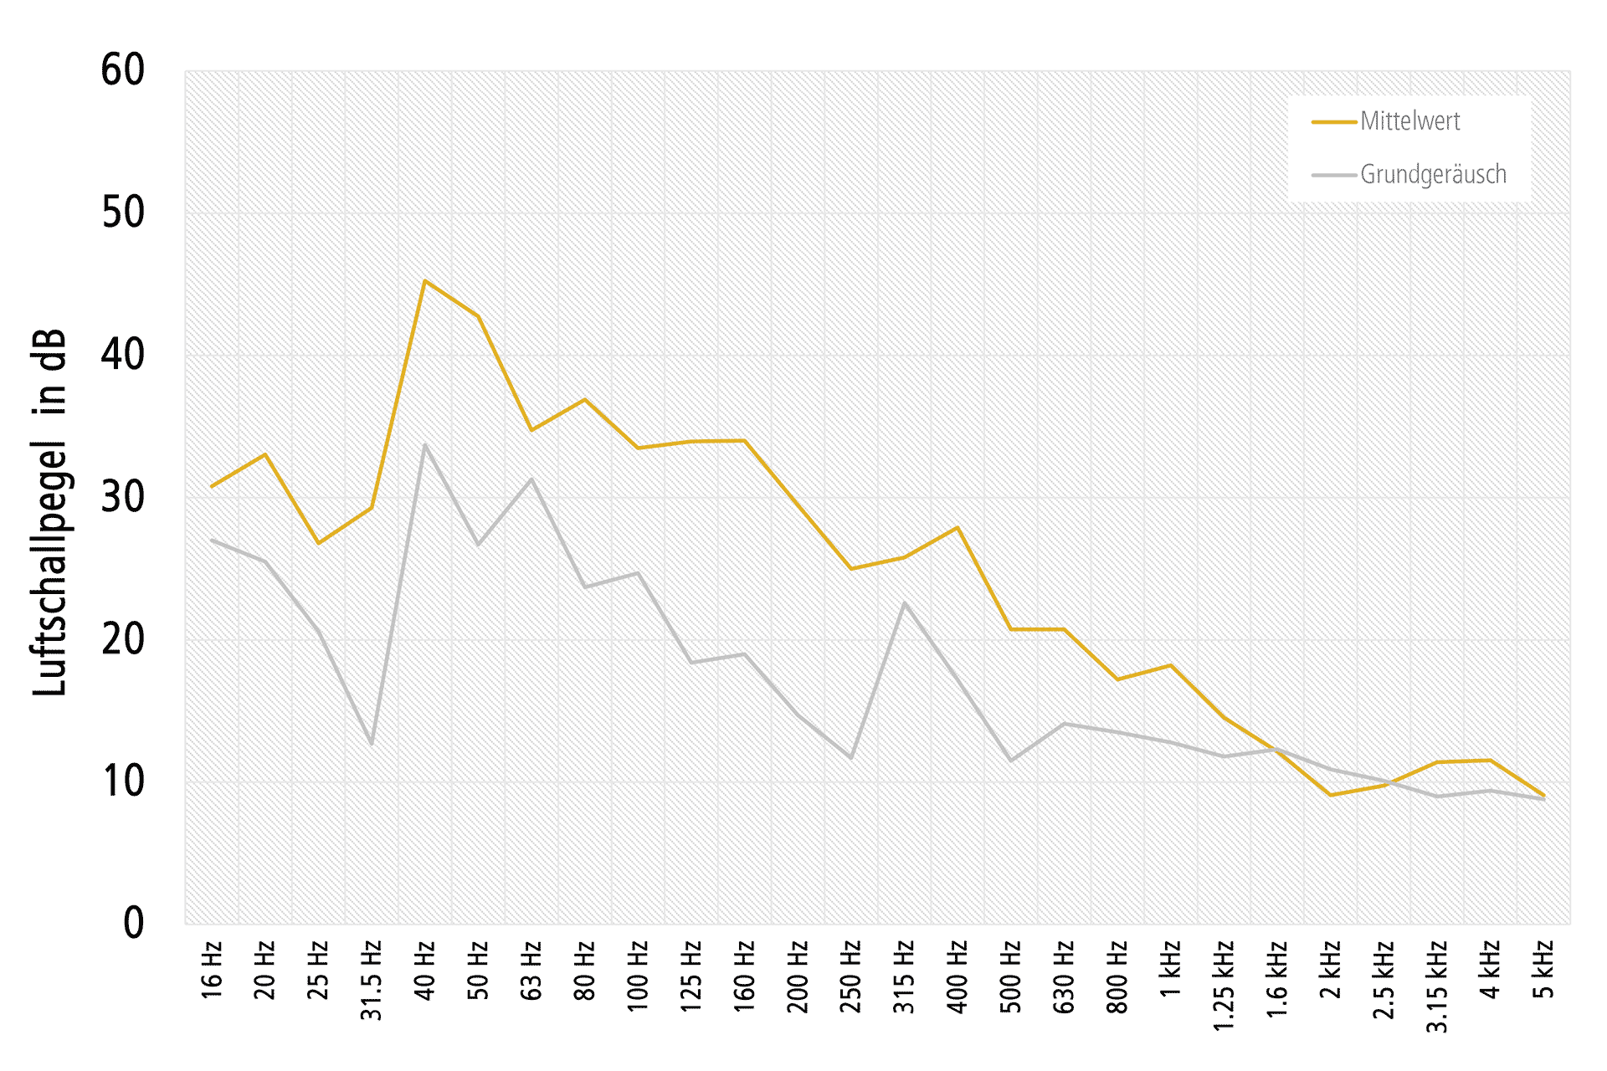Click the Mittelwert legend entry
coord(1409,121)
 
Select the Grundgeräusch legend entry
coord(1432,174)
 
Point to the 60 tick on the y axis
coord(122,70)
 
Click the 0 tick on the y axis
coord(133,924)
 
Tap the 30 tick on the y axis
coord(122,497)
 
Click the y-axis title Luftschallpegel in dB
coord(49,512)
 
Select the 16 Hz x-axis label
coord(212,971)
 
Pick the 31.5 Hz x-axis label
coord(372,981)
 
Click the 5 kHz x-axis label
coord(1544,971)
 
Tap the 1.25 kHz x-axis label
coord(1225,985)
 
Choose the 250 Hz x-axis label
coord(851,976)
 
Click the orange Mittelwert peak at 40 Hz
coord(425,281)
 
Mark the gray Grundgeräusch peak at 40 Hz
coord(425,445)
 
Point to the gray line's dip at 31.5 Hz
coord(372,744)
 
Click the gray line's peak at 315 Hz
coord(905,603)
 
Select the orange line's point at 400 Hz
coord(958,528)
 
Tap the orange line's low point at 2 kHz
coord(1331,795)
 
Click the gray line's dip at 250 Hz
coord(851,758)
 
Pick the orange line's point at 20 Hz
coord(265,454)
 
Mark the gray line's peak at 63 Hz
coord(531,479)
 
